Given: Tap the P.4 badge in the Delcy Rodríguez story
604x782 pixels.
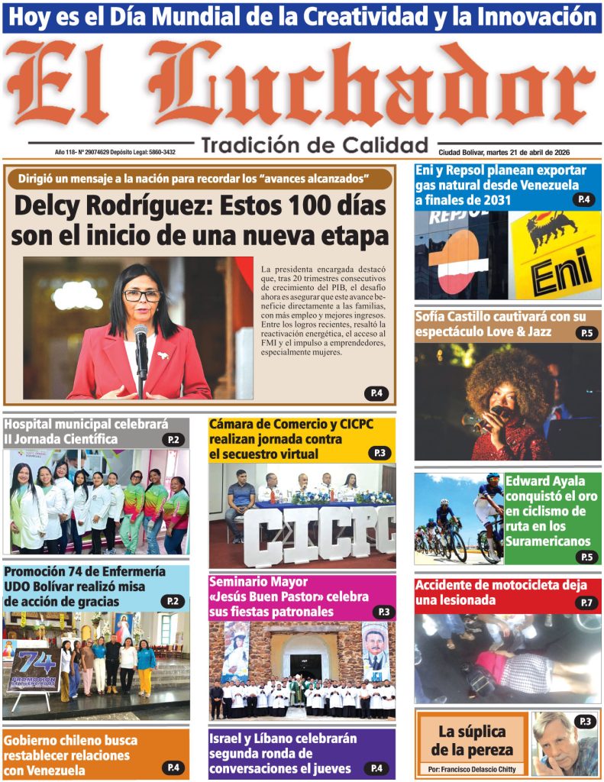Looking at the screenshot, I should tap(376, 393).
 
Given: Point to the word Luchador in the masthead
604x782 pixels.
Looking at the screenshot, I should tap(374, 84).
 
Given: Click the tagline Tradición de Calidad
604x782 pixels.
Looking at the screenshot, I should tap(314, 145).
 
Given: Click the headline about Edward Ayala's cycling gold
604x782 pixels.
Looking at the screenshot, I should tap(547, 511).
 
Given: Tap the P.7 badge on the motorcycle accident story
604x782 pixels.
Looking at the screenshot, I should tap(586, 603).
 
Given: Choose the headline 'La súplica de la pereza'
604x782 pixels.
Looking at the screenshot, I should tap(470, 739).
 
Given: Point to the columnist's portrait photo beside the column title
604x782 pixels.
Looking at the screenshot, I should tap(564, 744).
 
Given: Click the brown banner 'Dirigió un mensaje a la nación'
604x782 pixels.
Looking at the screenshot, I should tap(199, 179).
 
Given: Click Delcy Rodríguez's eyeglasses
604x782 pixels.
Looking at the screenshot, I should tap(142, 295).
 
